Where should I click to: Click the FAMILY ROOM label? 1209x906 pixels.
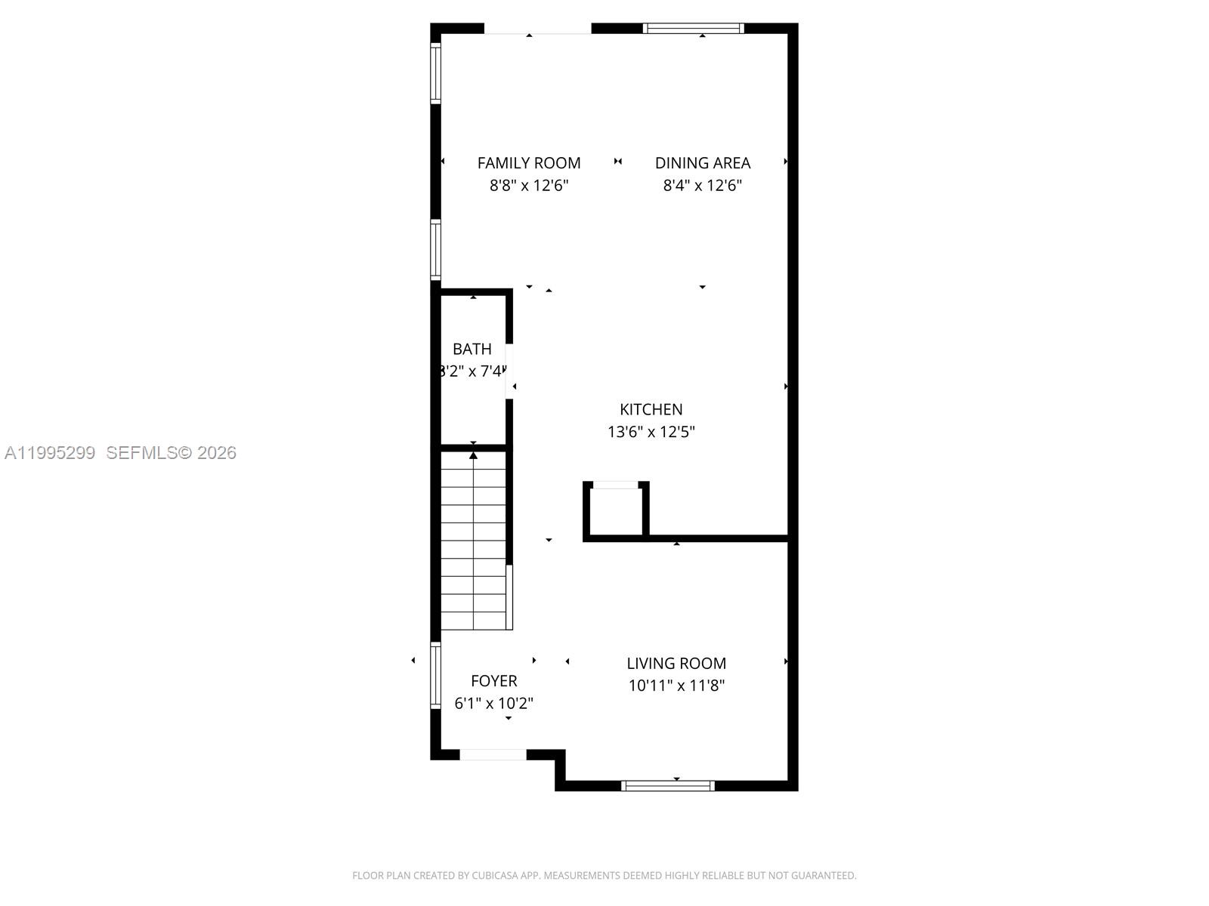point(529,163)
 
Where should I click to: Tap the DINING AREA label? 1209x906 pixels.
point(703,163)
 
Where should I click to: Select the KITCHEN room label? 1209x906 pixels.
point(651,409)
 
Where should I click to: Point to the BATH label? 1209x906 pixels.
point(472,349)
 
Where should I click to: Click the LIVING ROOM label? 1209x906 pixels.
point(676,664)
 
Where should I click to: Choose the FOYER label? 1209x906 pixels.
point(494,681)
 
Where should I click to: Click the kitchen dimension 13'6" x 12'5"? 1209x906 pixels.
point(651,432)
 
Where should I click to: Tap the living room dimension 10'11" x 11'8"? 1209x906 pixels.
point(676,686)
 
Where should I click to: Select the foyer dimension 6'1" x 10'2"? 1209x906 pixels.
point(494,704)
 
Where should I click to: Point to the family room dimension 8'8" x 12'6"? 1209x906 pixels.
point(529,186)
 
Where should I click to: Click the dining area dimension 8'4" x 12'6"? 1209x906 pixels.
point(703,186)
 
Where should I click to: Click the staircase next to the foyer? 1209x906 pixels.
point(474,541)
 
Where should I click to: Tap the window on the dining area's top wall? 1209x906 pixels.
point(694,29)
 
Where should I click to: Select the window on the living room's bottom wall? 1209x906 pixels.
point(668,786)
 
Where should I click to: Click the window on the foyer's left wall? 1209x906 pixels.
point(436,675)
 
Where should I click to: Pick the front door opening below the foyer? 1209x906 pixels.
point(493,754)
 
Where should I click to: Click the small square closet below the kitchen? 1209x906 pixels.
point(616,511)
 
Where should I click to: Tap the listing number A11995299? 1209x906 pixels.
point(50,453)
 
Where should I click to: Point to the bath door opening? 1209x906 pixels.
point(509,371)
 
